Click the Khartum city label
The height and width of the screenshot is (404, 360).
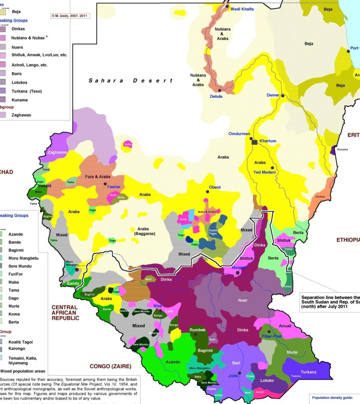coord(268,141)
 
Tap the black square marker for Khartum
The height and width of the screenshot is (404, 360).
coord(255,142)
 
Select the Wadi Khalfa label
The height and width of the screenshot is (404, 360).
coord(242,9)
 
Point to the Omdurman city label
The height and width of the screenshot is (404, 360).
coord(239,134)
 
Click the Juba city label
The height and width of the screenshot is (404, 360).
coord(233,376)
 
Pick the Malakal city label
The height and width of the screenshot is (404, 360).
coord(239,267)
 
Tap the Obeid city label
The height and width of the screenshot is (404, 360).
coord(215,187)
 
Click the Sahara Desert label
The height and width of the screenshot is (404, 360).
coord(130,80)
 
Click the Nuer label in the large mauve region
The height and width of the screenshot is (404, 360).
coord(243,300)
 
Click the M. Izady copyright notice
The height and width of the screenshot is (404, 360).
coord(70,16)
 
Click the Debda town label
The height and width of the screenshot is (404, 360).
coord(216,96)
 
